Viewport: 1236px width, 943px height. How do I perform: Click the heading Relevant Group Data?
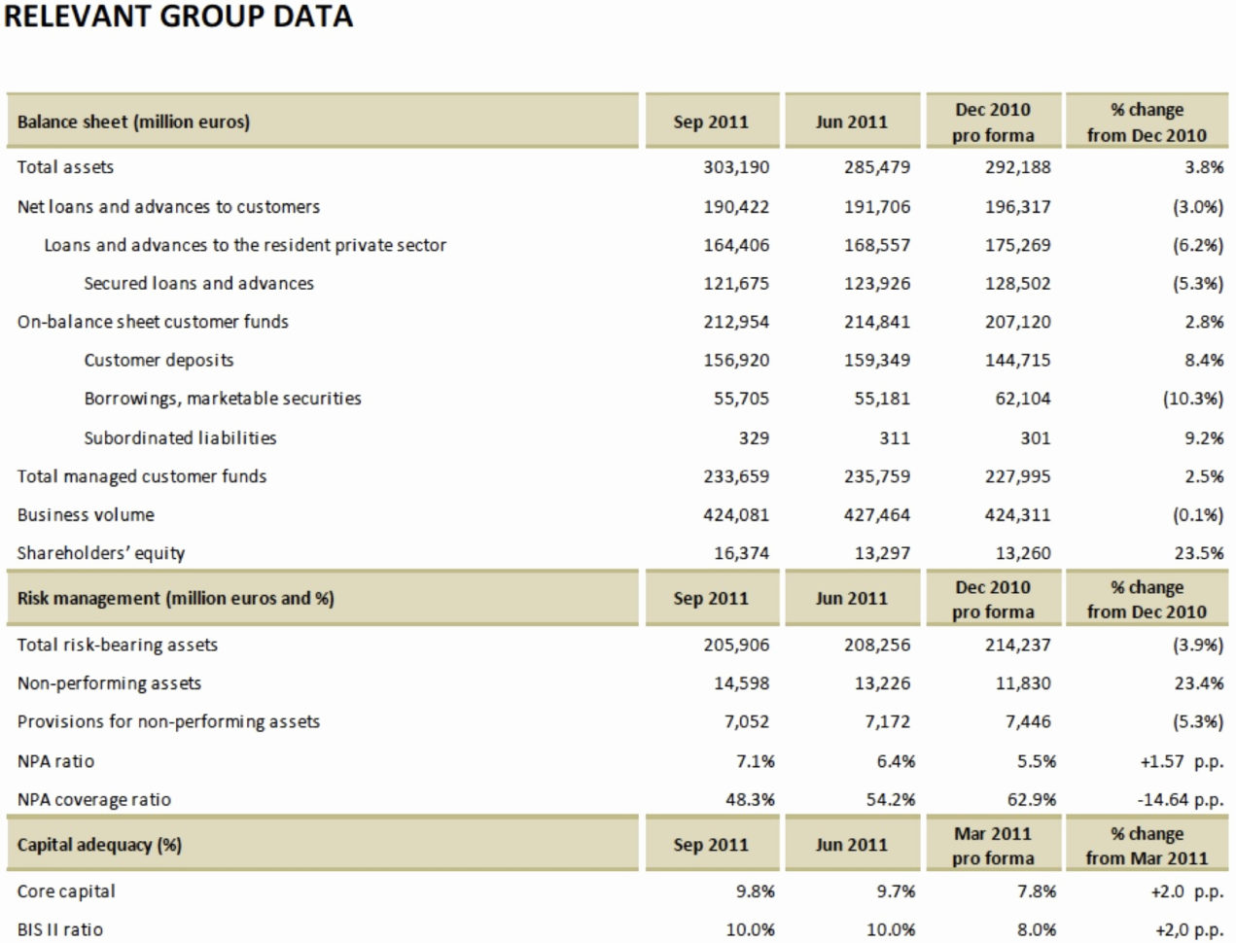[179, 17]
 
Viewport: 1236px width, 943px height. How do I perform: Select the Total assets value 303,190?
[736, 167]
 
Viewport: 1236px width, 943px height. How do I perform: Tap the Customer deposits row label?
[159, 361]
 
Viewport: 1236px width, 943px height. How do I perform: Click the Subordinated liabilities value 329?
[754, 438]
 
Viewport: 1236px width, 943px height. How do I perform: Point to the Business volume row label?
[86, 515]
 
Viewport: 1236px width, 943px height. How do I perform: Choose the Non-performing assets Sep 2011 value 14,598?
[741, 683]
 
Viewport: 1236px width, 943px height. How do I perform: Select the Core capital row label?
[66, 891]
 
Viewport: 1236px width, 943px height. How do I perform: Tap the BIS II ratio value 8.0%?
[1037, 930]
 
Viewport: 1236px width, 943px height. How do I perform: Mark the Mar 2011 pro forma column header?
[993, 846]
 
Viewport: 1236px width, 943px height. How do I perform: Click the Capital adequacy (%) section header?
[99, 845]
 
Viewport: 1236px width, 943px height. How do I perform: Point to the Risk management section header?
[175, 599]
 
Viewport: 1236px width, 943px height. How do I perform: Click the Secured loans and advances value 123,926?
[877, 284]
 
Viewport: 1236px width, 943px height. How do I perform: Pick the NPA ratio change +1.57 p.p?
[1182, 762]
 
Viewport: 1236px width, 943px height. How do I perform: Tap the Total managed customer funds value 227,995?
[1017, 476]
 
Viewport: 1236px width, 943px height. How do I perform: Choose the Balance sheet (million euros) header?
[133, 122]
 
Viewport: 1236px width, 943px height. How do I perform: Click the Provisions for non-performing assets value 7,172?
[888, 722]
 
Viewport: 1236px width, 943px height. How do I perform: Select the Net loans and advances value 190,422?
[736, 207]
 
